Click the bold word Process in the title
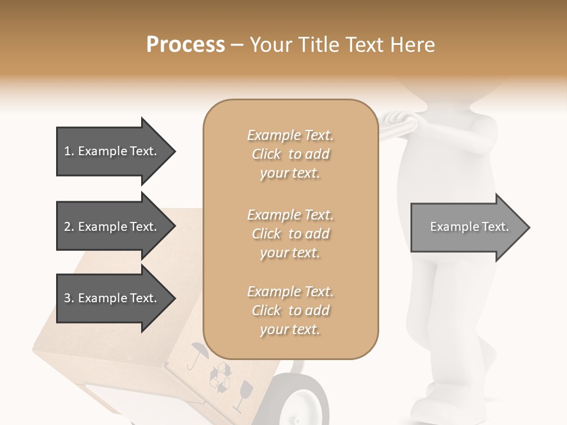[x=185, y=45]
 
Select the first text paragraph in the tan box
[x=290, y=154]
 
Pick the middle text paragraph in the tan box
[x=290, y=234]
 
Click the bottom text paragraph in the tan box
[x=290, y=310]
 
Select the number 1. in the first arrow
[x=69, y=151]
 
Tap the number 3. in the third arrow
[x=69, y=298]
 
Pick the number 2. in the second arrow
[x=69, y=227]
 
